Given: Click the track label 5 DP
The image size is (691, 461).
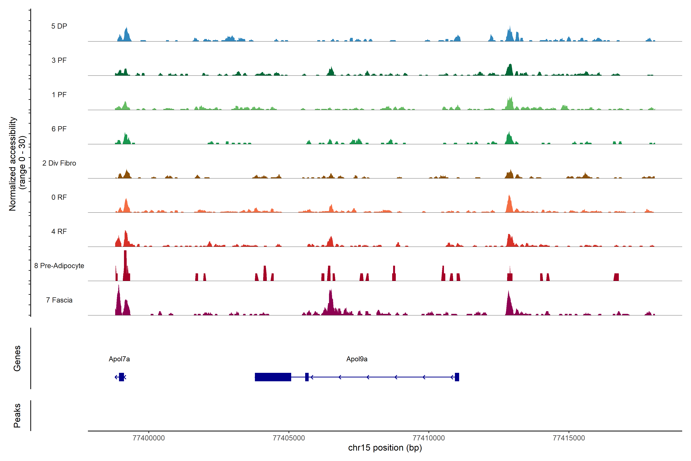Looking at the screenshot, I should (x=59, y=26).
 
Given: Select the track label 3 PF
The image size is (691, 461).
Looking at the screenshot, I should (x=59, y=60).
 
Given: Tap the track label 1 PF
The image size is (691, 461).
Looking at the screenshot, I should (x=59, y=95).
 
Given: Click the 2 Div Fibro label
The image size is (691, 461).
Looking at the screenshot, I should (x=59, y=163).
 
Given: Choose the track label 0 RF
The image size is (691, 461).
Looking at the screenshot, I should (x=59, y=197).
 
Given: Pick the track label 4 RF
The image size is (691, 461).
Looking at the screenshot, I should (x=59, y=231).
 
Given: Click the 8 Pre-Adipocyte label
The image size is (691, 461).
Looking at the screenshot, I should (x=59, y=266).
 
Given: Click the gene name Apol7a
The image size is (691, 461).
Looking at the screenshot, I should (x=119, y=359).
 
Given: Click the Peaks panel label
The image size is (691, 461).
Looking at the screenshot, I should (x=17, y=415).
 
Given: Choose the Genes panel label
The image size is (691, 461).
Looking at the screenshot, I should (x=17, y=358).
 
